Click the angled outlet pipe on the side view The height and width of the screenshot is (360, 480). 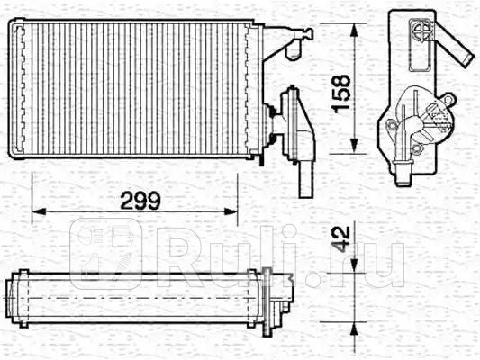click(x=454, y=49)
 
